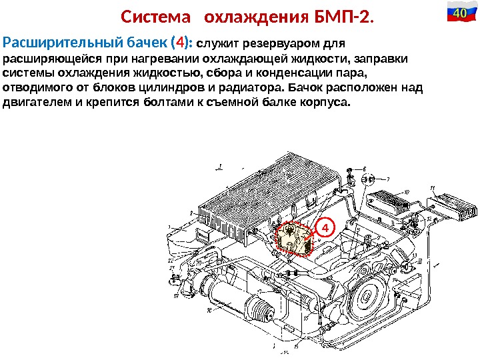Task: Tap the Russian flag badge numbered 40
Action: point(459,13)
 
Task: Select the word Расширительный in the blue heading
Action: point(63,44)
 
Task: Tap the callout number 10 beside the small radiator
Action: point(406,191)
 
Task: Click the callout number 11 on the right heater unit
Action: point(432,189)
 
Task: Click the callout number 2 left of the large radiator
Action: point(191,213)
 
